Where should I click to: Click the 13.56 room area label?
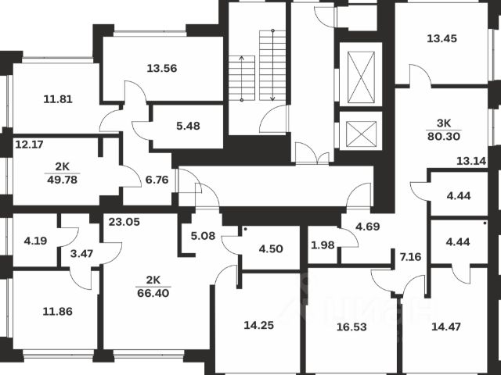161,67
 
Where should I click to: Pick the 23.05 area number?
124,222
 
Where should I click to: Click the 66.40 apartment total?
153,292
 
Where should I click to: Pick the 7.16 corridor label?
410,255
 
